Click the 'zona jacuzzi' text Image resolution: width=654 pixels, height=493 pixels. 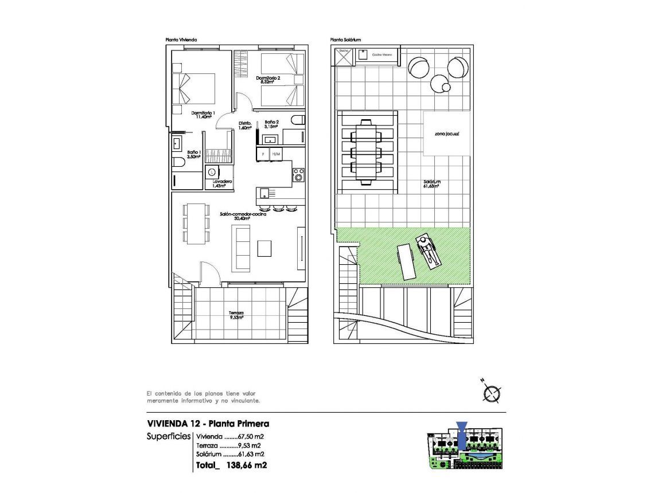[447, 133]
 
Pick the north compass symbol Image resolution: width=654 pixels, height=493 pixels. [492, 393]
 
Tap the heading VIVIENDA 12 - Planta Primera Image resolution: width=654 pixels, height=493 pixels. [208, 424]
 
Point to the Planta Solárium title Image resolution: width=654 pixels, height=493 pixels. [345, 40]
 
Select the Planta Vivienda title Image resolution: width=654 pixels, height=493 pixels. [181, 40]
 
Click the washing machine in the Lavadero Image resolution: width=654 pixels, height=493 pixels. [212, 171]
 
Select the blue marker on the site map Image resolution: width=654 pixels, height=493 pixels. [462, 434]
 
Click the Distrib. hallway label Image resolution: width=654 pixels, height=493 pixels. [246, 126]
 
